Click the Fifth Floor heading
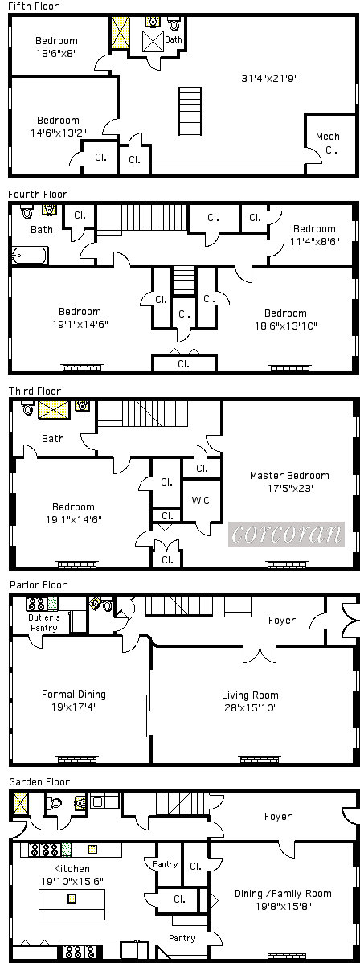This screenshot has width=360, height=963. coord(33,6)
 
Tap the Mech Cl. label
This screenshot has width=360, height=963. coord(327,142)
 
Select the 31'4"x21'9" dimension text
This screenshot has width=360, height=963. coord(270,78)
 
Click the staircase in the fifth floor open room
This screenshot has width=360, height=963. coord(190,111)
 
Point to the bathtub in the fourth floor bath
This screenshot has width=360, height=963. coord(30,255)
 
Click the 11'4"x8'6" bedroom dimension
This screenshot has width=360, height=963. coord(314,242)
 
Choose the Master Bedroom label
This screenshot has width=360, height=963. coord(289,475)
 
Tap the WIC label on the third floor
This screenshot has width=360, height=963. coord(200,500)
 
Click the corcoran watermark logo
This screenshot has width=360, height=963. coord(286,535)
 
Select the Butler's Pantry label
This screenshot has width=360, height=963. coord(43,623)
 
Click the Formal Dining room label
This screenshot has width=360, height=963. coord(74,695)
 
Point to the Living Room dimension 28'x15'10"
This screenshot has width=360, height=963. coord(250,708)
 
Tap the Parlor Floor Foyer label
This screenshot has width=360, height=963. coord(282,621)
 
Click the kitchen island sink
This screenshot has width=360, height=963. coord(72,899)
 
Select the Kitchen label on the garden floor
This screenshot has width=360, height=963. coord(72,868)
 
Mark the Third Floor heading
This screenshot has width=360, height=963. coord(35,391)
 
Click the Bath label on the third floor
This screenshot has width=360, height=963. coord(53,439)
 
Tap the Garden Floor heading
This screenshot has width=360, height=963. coord(39,782)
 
